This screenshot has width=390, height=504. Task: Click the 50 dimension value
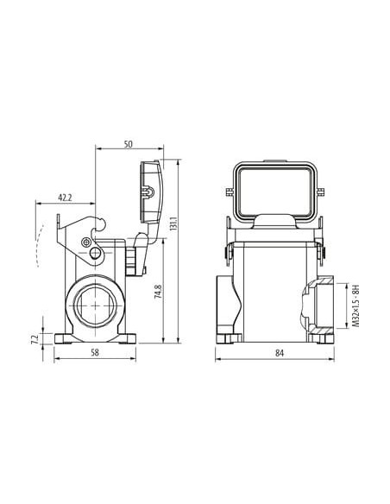click(x=129, y=144)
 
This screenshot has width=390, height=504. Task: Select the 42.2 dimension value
click(x=65, y=198)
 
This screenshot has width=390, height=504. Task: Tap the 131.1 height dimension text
click(x=173, y=224)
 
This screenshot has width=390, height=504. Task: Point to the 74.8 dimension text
click(x=159, y=291)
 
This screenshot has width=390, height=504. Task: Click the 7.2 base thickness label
click(x=35, y=339)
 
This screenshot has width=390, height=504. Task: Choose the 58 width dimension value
click(x=94, y=352)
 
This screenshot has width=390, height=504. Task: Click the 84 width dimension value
click(x=280, y=353)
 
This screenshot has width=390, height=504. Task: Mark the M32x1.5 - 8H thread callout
click(x=355, y=306)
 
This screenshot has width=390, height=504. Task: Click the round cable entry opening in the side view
click(x=95, y=306)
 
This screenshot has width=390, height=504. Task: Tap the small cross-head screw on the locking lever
click(x=85, y=243)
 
